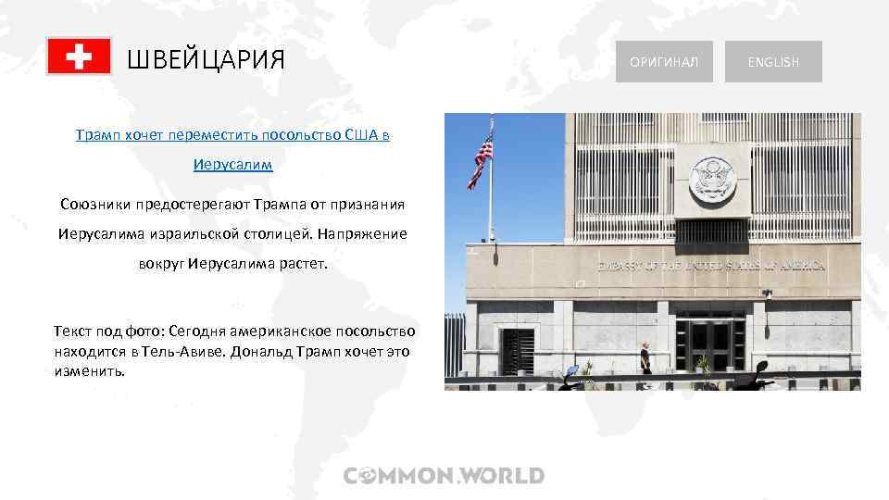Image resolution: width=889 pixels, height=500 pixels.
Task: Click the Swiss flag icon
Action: pyautogui.click(x=79, y=57)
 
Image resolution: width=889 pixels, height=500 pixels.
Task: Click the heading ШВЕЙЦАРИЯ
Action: pyautogui.click(x=206, y=61)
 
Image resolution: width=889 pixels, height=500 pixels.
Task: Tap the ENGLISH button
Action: pyautogui.click(x=773, y=62)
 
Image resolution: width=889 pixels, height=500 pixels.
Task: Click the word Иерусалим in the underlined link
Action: pyautogui.click(x=233, y=165)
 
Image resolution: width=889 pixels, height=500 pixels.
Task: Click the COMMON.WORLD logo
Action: pyautogui.click(x=444, y=476)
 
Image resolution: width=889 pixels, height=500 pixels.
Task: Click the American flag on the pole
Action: pyautogui.click(x=481, y=160)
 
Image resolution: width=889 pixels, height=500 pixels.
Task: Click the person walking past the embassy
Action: pyautogui.click(x=645, y=357)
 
